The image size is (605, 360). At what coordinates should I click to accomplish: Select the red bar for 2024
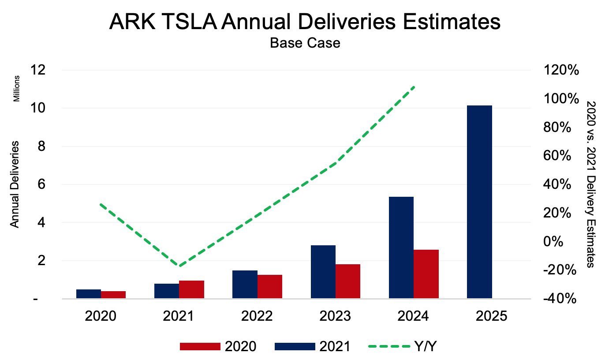tap(426, 274)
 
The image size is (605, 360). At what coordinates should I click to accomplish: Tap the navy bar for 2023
tap(323, 272)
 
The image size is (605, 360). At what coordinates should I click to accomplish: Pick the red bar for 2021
tap(191, 289)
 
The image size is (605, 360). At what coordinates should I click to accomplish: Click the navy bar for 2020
tap(89, 294)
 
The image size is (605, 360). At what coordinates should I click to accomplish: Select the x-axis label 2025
tap(492, 316)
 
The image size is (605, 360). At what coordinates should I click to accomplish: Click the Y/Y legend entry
tap(426, 346)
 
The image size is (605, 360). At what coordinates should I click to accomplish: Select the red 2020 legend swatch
tap(200, 346)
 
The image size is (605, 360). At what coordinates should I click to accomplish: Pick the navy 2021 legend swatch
tap(295, 346)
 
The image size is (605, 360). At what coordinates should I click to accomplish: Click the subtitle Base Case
tap(305, 43)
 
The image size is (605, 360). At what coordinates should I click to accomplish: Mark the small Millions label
tap(17, 89)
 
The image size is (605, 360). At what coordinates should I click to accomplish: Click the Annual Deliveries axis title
tap(15, 184)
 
